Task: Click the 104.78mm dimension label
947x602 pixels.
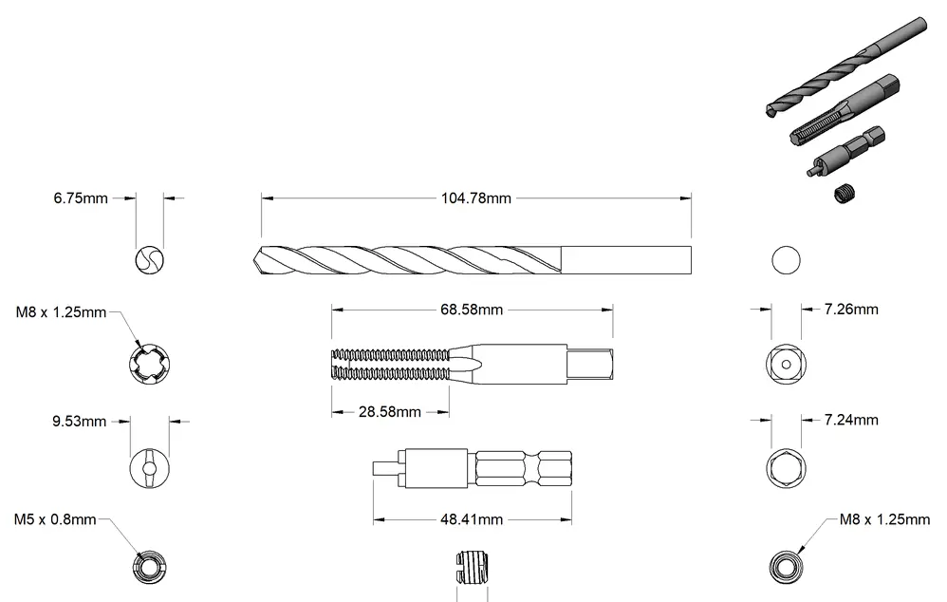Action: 476,198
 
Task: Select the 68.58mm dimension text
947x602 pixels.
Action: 472,310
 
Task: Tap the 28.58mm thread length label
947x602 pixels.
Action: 390,412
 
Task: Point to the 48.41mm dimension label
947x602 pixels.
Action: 472,519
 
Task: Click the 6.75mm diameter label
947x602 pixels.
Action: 81,198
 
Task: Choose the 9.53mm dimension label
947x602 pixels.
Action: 79,422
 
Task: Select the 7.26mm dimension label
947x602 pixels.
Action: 851,310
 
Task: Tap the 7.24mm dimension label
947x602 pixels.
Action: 851,420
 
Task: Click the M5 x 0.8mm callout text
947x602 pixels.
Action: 55,519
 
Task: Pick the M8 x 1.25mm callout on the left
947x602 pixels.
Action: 61,312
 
